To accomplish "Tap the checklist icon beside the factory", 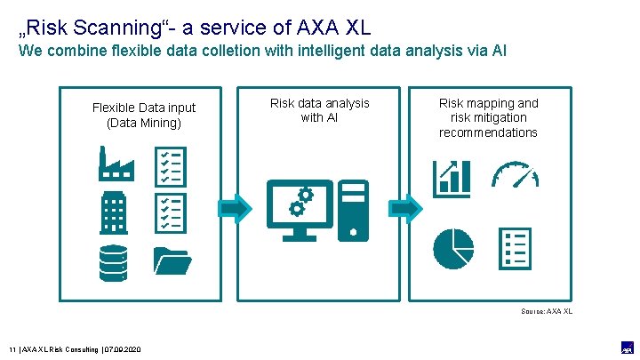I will pyautogui.click(x=170, y=165).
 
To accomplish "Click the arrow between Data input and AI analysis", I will pyautogui.click(x=236, y=208).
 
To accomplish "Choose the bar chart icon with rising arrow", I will pyautogui.click(x=452, y=178).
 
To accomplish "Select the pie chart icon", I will pyautogui.click(x=453, y=248).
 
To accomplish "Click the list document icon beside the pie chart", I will pyautogui.click(x=516, y=248).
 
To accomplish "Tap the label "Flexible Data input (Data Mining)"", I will pyautogui.click(x=144, y=115).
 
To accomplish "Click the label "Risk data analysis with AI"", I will pyautogui.click(x=319, y=110).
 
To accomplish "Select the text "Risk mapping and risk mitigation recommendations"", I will pyautogui.click(x=488, y=117).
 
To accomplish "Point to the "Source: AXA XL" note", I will pyautogui.click(x=547, y=311).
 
